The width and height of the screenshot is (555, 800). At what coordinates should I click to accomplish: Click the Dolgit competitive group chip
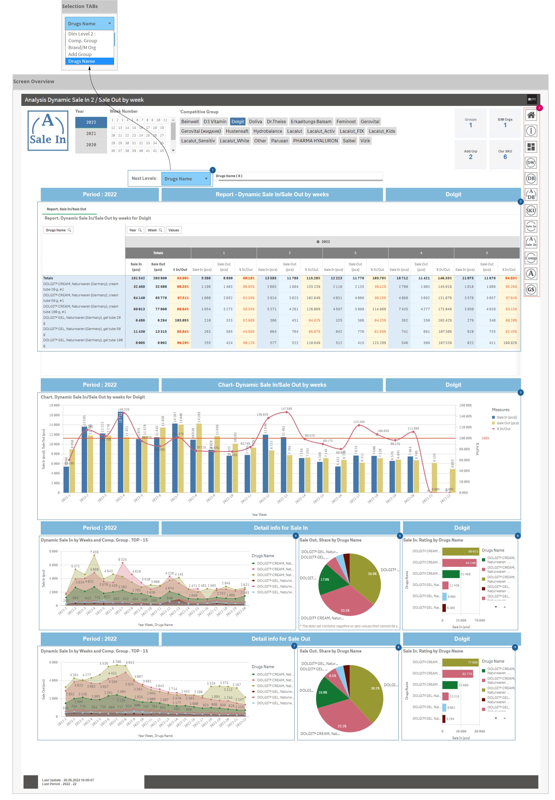pyautogui.click(x=238, y=121)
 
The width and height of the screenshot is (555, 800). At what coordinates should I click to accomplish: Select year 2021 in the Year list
pyautogui.click(x=91, y=134)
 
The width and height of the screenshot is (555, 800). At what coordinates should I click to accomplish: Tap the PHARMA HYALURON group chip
pyautogui.click(x=315, y=141)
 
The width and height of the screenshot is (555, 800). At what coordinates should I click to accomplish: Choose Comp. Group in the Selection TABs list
pyautogui.click(x=83, y=41)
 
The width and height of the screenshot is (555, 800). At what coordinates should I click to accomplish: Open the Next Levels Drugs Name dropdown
pyautogui.click(x=186, y=179)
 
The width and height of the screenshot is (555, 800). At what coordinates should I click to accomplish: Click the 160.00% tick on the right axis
pyautogui.click(x=465, y=405)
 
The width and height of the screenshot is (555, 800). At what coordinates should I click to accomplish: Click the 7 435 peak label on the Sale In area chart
pyautogui.click(x=94, y=552)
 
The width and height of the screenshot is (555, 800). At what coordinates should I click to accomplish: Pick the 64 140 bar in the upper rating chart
pyautogui.click(x=459, y=563)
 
